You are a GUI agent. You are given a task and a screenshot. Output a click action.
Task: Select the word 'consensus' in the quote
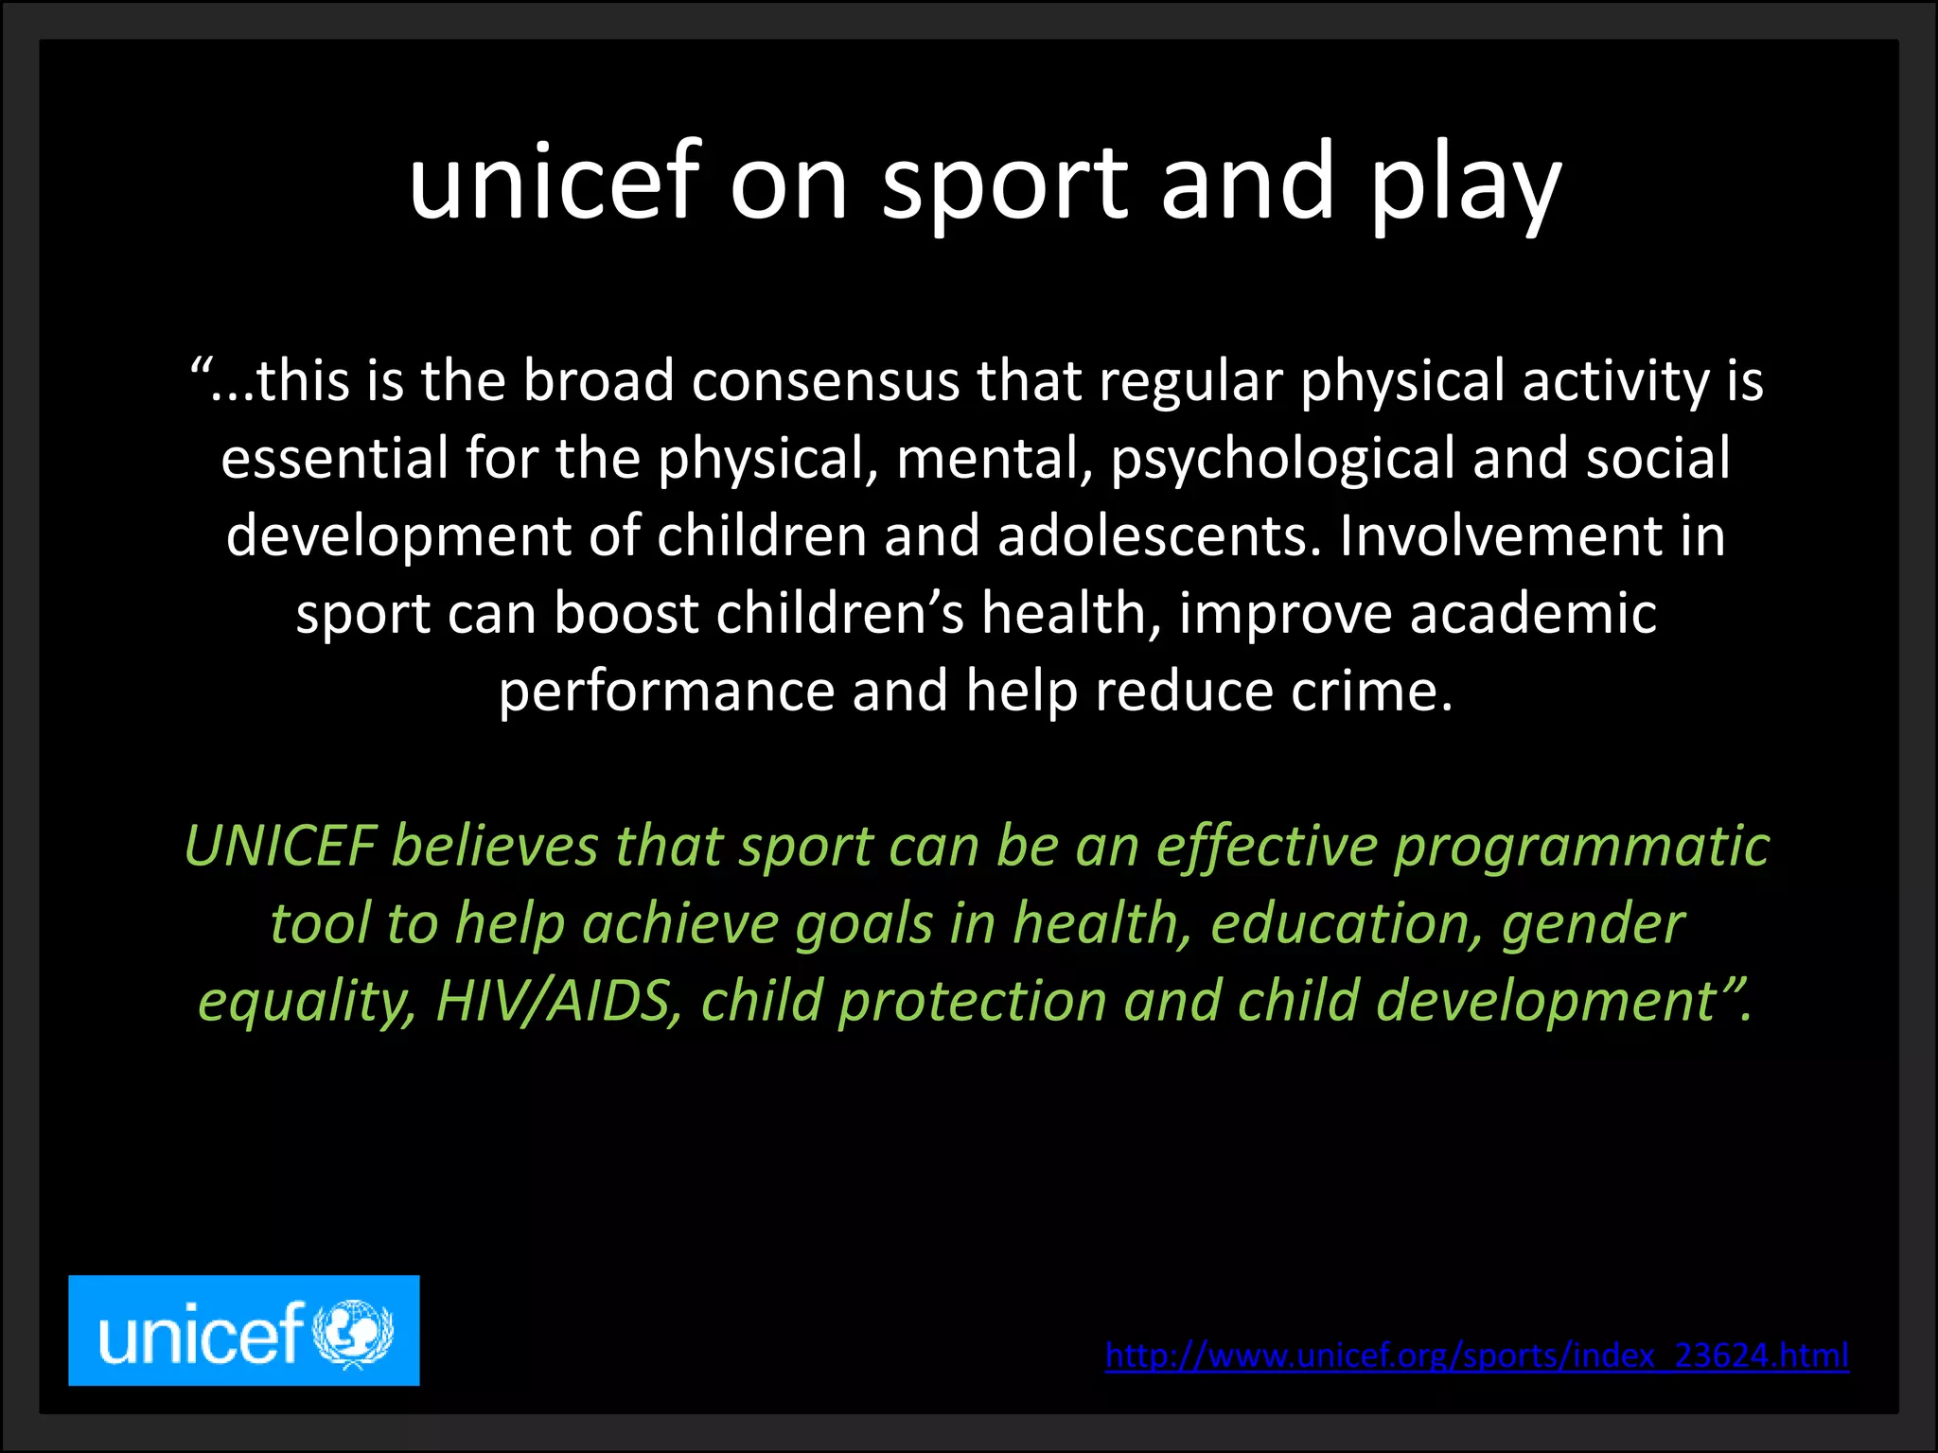point(825,381)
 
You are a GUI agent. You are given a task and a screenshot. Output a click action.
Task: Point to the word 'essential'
point(335,459)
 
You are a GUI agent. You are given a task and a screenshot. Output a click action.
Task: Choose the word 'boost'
point(626,614)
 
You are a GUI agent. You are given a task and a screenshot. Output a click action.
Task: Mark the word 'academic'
point(1533,614)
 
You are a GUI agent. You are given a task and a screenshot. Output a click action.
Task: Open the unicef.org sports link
point(1476,1356)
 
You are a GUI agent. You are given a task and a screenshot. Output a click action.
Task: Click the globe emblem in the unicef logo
point(352,1333)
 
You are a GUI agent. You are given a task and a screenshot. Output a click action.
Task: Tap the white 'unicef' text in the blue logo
point(201,1334)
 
